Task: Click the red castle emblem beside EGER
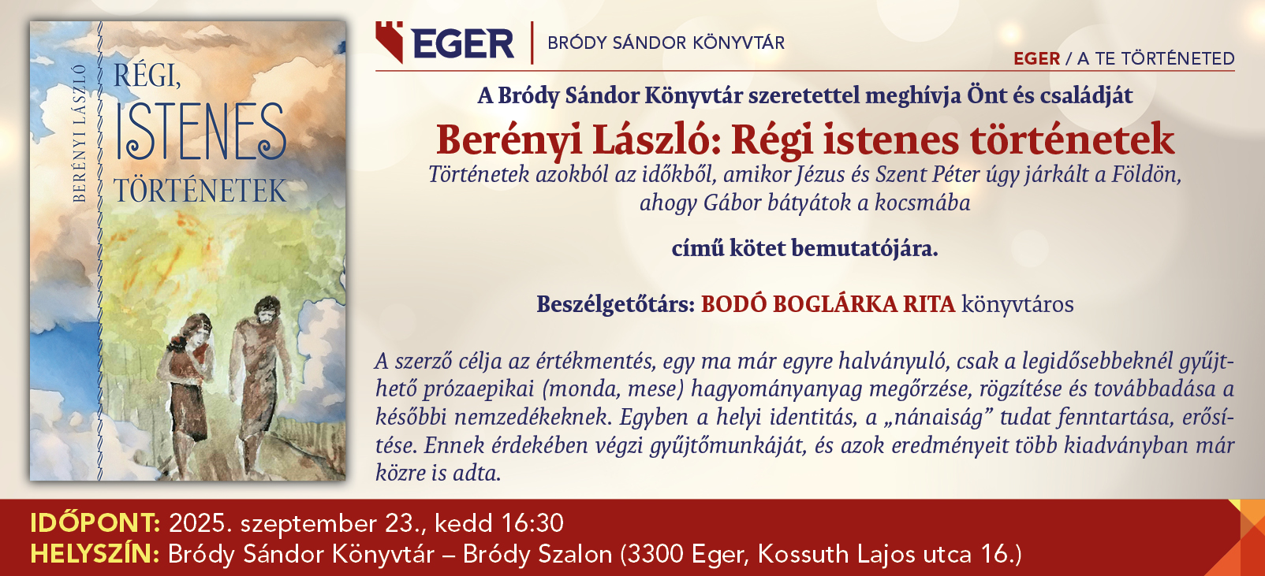[x=390, y=42]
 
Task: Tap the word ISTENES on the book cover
[x=201, y=132]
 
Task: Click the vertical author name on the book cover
[x=80, y=133]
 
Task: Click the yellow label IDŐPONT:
[x=95, y=523]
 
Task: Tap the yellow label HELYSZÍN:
[x=95, y=554]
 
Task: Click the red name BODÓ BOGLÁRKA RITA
[x=828, y=304]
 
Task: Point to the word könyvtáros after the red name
[x=1017, y=305]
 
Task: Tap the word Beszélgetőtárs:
[x=616, y=304]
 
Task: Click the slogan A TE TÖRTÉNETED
[x=1155, y=58]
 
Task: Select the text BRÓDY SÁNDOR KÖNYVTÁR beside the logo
[x=666, y=43]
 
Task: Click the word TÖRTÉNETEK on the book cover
[x=200, y=190]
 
